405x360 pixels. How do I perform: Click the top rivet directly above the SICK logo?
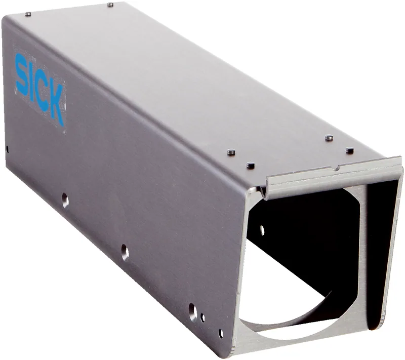coord(28,14)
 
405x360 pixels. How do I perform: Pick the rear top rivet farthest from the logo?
coord(110,5)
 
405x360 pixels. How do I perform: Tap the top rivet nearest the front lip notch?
coord(349,150)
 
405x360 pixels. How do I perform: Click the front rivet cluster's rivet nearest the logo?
coord(231,152)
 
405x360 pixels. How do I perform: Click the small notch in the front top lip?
coord(337,168)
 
